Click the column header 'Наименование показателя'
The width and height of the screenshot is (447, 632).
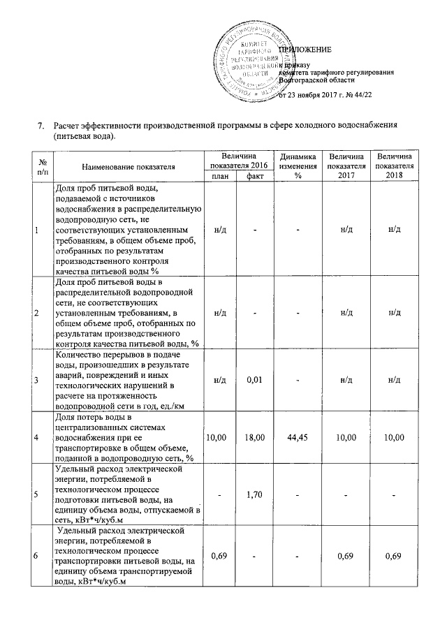coord(128,166)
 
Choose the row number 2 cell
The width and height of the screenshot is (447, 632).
coord(36,311)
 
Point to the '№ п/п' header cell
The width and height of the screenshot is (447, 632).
coord(36,166)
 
